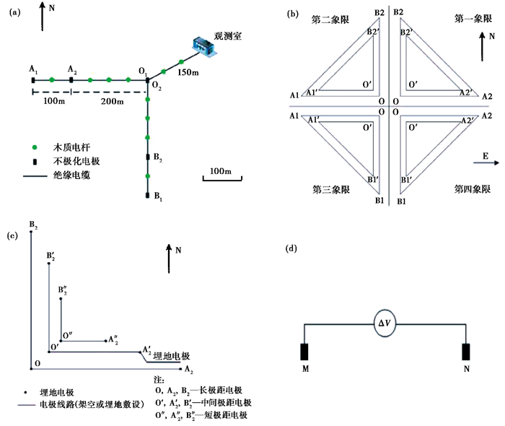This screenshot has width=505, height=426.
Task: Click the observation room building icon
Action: click(x=204, y=48)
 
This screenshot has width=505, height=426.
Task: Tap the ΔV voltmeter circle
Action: click(x=385, y=323)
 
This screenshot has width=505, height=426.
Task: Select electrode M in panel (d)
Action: click(x=304, y=352)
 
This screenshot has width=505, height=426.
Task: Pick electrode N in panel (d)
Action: click(x=466, y=352)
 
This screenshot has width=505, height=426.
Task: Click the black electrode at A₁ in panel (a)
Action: click(x=33, y=80)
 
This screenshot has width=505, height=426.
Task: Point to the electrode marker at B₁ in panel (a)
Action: click(x=147, y=195)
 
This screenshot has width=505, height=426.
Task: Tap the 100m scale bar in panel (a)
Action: click(x=222, y=178)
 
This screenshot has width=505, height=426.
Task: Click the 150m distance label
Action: click(x=188, y=72)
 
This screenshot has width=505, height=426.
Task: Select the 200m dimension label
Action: click(x=112, y=102)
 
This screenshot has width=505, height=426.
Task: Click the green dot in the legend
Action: click(x=35, y=147)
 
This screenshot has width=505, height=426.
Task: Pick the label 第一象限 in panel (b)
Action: click(x=473, y=19)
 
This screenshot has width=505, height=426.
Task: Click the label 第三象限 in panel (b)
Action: click(x=331, y=189)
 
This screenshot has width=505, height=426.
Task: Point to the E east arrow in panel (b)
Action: click(x=486, y=162)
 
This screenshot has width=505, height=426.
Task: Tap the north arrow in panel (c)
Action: click(x=169, y=258)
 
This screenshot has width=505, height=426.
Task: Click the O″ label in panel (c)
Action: click(x=67, y=336)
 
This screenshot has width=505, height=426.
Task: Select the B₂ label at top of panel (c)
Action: click(x=33, y=225)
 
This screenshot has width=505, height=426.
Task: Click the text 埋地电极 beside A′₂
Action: click(x=172, y=356)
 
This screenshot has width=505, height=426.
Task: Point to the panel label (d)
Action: click(x=291, y=248)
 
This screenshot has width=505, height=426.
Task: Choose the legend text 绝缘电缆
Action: click(x=71, y=175)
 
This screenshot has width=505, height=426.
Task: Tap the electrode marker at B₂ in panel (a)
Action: click(x=148, y=157)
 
